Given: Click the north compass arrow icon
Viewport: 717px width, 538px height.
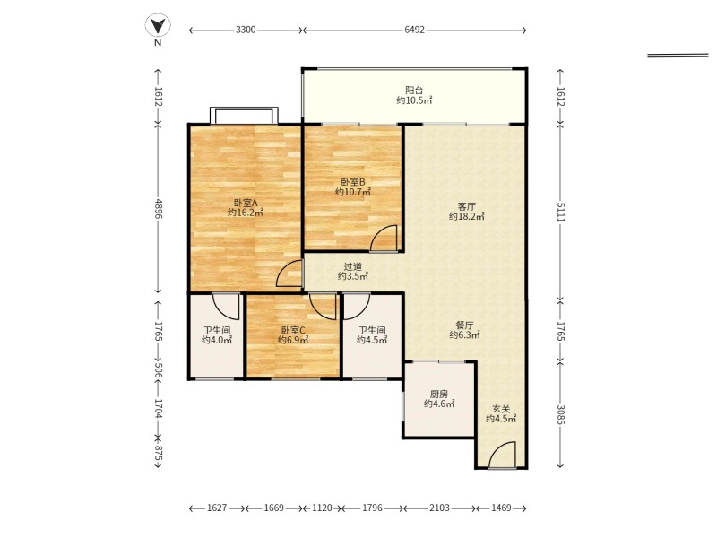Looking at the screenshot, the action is [x=158, y=25].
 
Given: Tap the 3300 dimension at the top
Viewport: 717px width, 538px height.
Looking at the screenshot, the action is [x=246, y=30].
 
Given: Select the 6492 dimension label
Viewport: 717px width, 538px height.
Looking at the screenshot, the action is [x=414, y=30].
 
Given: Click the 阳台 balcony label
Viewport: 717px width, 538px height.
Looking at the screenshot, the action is [x=414, y=91].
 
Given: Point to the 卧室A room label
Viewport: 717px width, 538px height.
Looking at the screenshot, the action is [x=246, y=203].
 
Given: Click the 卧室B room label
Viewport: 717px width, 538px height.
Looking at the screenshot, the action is [x=352, y=182].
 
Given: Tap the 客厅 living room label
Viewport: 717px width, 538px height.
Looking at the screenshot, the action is [x=466, y=206].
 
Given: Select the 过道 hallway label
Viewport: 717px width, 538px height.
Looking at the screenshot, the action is [x=352, y=266].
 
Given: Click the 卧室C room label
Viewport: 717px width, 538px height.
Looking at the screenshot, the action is [x=293, y=330].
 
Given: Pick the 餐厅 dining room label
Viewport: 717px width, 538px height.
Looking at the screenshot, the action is [x=464, y=325].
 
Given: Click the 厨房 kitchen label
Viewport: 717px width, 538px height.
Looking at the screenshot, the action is [x=439, y=394].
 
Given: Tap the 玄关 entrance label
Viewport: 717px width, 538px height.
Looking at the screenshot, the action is [x=501, y=409].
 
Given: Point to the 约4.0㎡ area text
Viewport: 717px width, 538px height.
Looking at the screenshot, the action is [x=217, y=340].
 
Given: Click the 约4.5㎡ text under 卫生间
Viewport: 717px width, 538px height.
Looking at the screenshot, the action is [x=372, y=340].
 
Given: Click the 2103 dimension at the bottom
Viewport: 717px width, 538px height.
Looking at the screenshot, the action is [x=439, y=508].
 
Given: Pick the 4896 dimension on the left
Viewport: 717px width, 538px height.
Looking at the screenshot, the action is [x=159, y=208].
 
